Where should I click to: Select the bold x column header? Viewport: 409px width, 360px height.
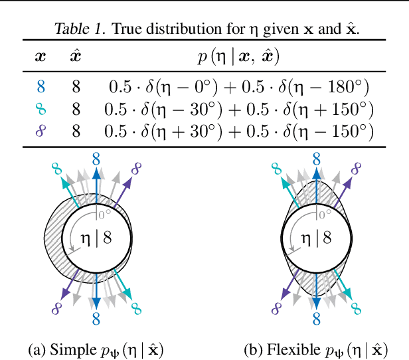[41, 56]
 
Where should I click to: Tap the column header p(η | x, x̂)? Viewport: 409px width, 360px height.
[237, 56]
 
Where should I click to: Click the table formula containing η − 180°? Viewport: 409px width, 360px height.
[237, 86]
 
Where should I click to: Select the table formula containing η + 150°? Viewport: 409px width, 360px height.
[237, 109]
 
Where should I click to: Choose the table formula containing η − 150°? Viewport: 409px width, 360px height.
[237, 131]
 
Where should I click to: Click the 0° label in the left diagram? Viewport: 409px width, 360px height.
[105, 214]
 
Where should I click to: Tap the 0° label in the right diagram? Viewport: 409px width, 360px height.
[325, 214]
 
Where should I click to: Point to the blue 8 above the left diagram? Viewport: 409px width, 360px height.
[97, 158]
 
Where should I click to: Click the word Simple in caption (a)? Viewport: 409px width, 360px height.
[70, 349]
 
